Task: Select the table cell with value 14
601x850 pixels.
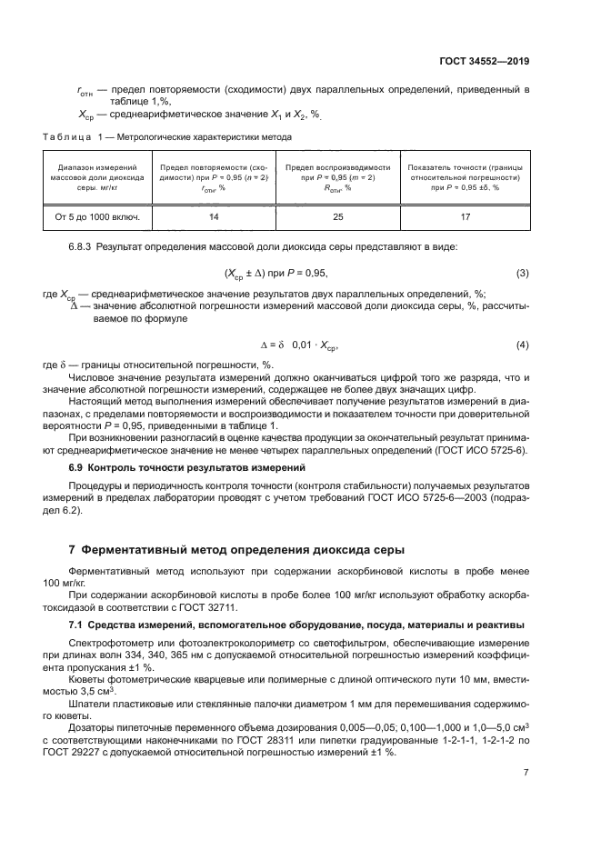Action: [215, 218]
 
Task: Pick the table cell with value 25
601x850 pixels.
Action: [337, 218]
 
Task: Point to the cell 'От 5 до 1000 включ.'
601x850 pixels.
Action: [97, 218]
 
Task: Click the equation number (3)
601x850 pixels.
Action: [522, 274]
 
